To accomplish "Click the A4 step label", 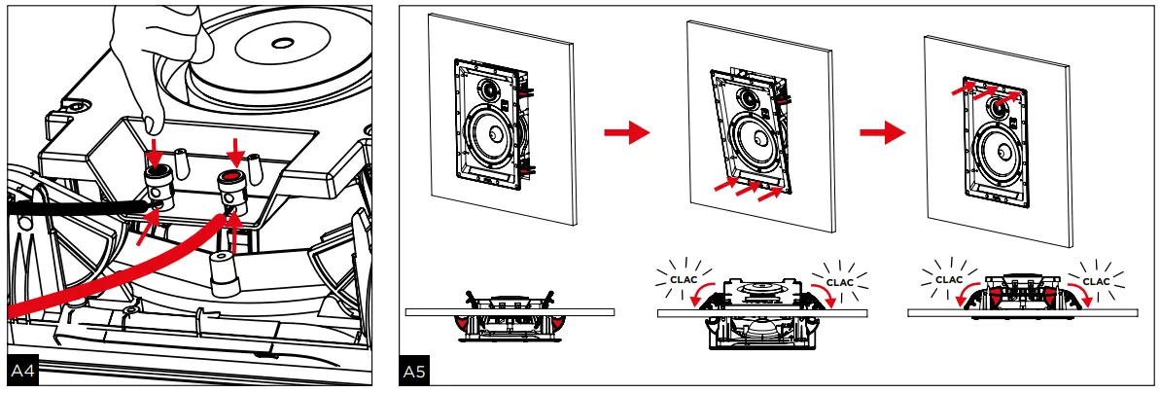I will tap(22, 372).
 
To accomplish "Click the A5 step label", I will tap(413, 372).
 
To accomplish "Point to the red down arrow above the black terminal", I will tap(155, 152).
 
